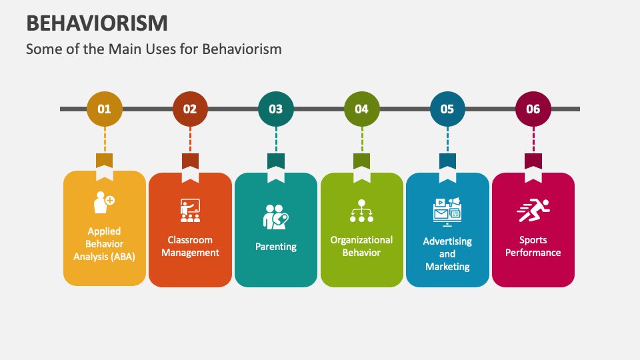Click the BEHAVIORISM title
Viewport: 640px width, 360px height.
point(97,23)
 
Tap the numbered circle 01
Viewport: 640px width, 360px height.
point(105,109)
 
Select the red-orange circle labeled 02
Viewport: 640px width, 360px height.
point(190,109)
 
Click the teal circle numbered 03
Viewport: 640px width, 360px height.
point(276,109)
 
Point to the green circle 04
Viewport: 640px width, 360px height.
point(361,109)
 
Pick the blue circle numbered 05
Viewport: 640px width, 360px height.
point(447,109)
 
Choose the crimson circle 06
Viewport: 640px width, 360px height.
point(533,109)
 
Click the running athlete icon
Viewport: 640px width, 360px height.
point(533,211)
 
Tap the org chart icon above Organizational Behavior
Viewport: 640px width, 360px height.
point(361,211)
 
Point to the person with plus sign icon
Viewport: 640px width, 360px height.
point(104,202)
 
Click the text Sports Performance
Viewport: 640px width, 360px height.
point(533,246)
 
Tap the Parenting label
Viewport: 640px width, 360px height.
point(276,247)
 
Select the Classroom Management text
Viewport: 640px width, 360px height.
point(190,246)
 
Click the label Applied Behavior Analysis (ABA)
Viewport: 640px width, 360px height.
point(105,243)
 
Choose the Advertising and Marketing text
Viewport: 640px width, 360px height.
point(447,254)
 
